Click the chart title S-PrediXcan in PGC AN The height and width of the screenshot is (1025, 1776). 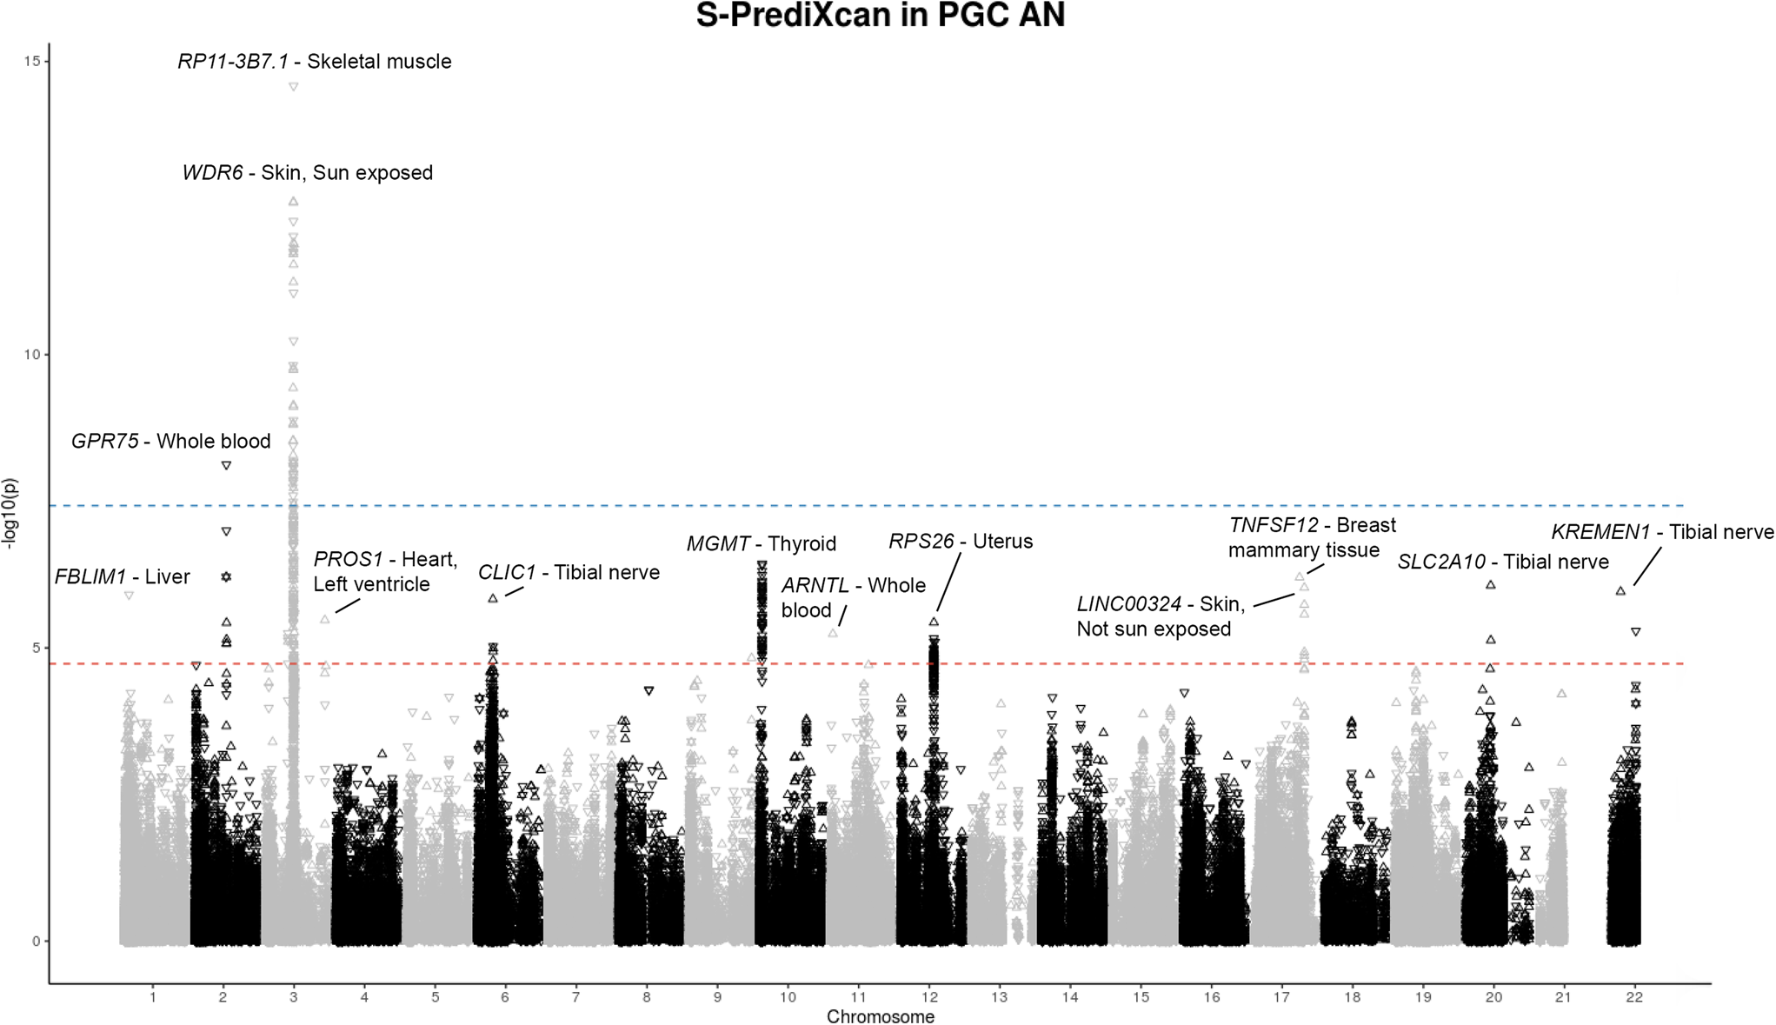(880, 16)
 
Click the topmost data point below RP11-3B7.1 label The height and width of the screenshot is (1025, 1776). (294, 87)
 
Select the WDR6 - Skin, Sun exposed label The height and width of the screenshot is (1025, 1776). (307, 173)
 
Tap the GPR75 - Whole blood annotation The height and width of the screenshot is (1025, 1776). (171, 442)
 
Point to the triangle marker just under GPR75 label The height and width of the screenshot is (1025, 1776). (227, 466)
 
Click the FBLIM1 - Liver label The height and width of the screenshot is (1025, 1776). (123, 577)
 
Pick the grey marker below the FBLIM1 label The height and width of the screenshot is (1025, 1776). (129, 596)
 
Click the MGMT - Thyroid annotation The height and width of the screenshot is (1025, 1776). (761, 544)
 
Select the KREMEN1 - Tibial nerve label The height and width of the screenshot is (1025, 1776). (1662, 532)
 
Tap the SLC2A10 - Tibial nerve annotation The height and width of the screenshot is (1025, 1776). (1503, 562)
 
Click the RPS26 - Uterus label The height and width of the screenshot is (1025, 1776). (961, 542)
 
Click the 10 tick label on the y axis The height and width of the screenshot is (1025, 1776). (33, 355)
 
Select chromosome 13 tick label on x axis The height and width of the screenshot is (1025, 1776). (1000, 997)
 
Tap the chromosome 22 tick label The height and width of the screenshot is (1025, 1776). (1634, 997)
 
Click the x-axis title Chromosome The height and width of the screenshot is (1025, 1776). (880, 1016)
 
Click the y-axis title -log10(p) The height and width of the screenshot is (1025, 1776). (10, 513)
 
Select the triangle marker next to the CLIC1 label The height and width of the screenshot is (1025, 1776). (493, 599)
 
